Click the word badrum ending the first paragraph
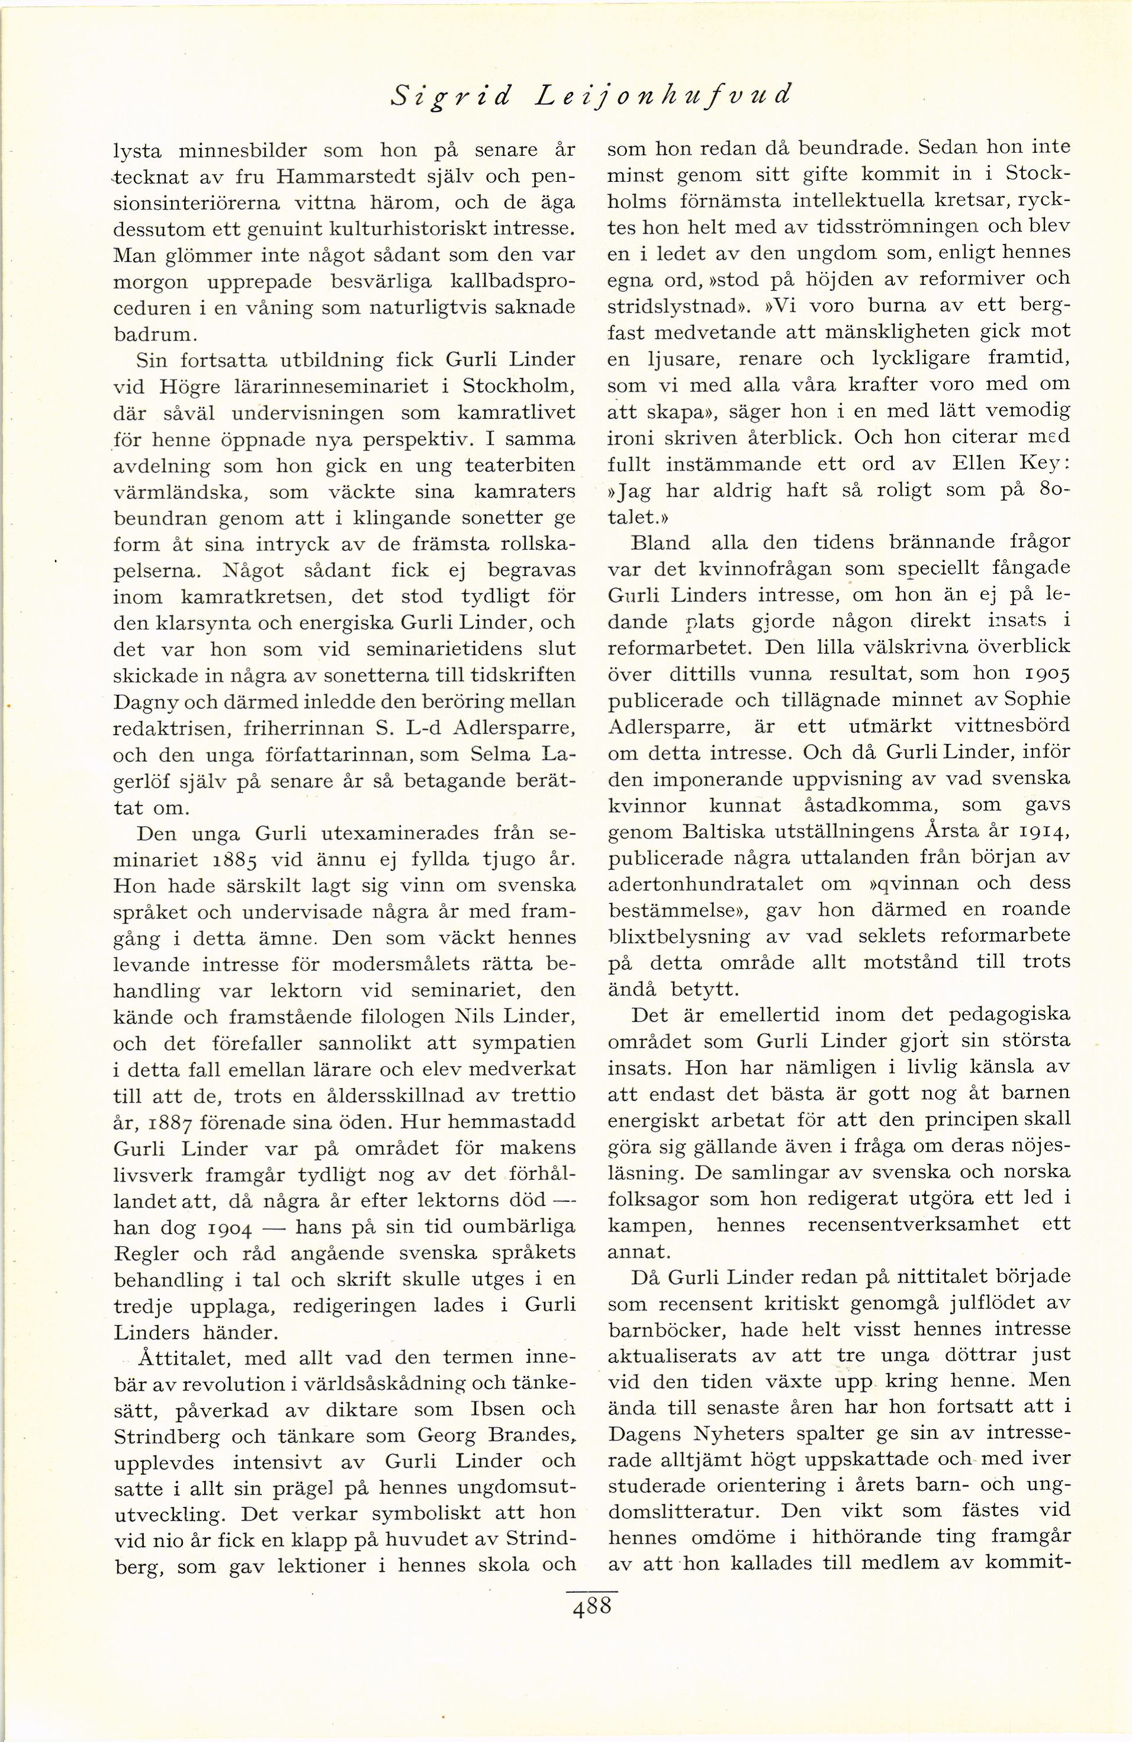click(x=155, y=335)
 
